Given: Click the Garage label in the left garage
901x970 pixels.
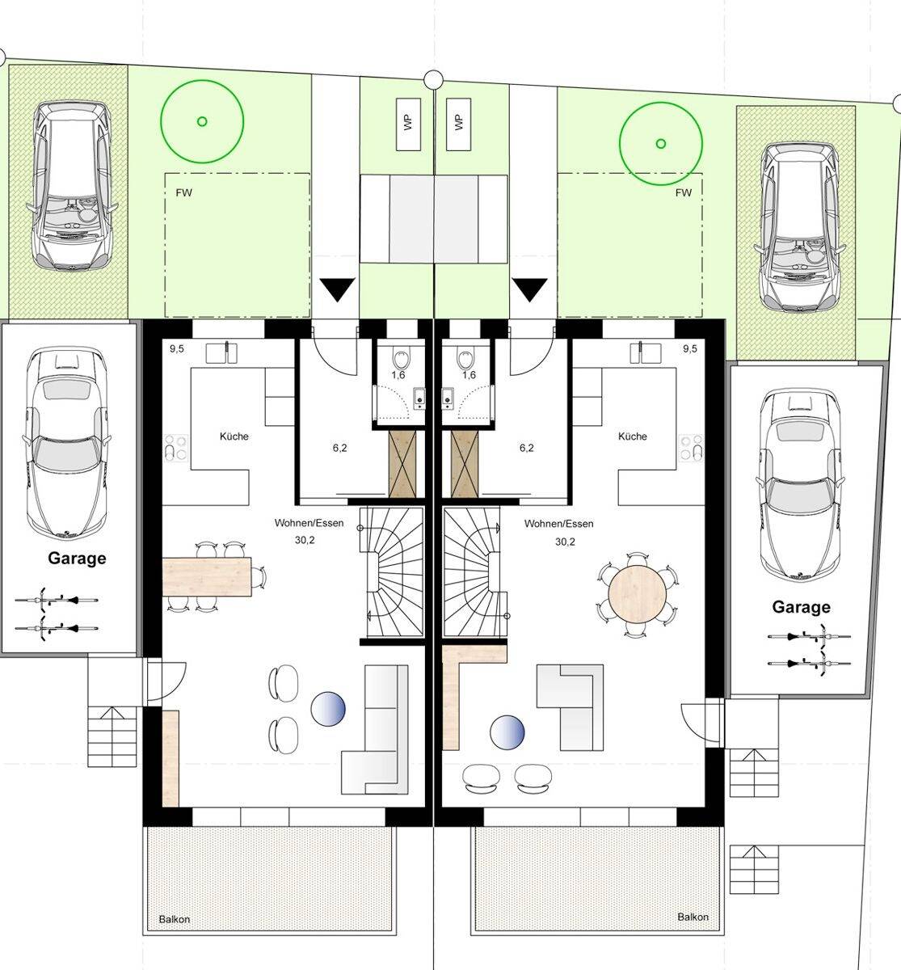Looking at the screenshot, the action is (x=77, y=559).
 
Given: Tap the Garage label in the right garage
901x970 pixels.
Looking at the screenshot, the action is (x=801, y=607).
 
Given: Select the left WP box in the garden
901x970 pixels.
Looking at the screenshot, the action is (x=408, y=124).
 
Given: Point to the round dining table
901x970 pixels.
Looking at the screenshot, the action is (x=638, y=594).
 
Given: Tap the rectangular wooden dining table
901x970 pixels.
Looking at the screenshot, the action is (x=207, y=577).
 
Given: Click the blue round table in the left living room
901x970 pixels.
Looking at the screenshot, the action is (x=328, y=709).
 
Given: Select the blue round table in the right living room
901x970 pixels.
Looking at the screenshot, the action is (x=507, y=732).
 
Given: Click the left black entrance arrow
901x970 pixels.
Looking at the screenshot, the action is (x=337, y=289).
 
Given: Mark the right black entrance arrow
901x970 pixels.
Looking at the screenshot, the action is (x=530, y=289).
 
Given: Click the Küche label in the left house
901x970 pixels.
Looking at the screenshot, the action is (x=234, y=436).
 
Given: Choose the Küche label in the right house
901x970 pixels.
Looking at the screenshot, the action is (x=633, y=436).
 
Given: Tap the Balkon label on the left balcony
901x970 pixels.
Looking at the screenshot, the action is (x=175, y=920).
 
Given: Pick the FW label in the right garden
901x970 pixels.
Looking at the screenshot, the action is (x=683, y=193).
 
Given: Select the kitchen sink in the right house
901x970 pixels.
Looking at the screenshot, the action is (x=645, y=352).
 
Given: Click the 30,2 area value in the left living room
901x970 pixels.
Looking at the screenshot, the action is (x=305, y=540).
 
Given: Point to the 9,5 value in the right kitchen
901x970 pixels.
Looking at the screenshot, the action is (x=690, y=348).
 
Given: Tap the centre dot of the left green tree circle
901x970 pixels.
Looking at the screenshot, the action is (x=202, y=121).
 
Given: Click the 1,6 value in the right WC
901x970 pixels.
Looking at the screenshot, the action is (x=469, y=375).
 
